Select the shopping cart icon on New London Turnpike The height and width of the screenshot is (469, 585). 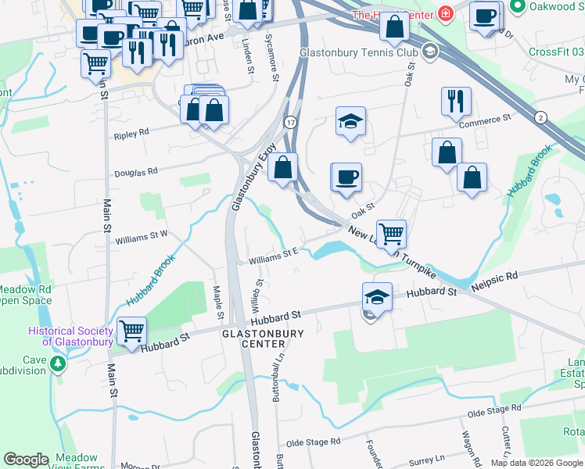click(x=390, y=233)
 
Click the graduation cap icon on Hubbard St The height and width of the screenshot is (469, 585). click(x=377, y=297)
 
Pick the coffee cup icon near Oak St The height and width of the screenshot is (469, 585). click(x=346, y=177)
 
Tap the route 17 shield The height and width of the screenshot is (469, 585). click(x=290, y=123)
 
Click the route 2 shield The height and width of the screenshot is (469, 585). click(x=540, y=117)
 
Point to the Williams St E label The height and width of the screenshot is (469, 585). click(x=275, y=254)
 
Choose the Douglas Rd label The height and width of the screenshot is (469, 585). click(x=136, y=172)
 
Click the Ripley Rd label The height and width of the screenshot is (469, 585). click(x=131, y=134)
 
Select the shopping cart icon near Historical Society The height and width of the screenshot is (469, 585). click(x=131, y=331)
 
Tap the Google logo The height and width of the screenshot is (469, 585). click(x=26, y=460)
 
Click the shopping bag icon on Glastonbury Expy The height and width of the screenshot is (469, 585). click(x=284, y=167)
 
